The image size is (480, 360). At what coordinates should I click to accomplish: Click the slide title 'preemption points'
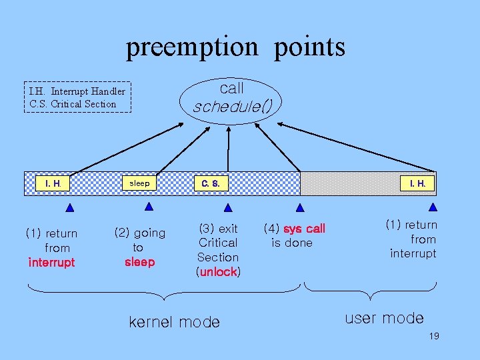point(236,47)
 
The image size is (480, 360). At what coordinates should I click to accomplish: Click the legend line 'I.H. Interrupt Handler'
point(77,91)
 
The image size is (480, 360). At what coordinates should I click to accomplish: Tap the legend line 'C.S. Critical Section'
point(73,104)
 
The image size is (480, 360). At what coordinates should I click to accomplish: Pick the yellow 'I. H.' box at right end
point(417,183)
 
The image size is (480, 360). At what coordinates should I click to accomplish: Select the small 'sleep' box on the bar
point(139,183)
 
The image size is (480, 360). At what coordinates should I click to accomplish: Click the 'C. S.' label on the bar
point(211,183)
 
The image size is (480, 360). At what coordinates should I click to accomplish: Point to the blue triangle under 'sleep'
point(149,206)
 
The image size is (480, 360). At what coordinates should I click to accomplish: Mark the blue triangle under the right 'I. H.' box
point(432,207)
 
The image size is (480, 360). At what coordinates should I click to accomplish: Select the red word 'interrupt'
point(52,263)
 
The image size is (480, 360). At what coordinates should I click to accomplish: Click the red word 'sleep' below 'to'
point(139,262)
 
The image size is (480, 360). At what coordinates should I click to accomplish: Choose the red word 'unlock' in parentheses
point(218,272)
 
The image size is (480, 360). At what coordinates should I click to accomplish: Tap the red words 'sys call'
point(305,229)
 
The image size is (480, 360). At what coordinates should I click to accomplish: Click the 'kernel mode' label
point(174,323)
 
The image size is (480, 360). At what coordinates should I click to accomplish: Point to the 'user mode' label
point(384,318)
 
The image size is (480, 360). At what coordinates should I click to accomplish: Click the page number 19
point(434,337)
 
